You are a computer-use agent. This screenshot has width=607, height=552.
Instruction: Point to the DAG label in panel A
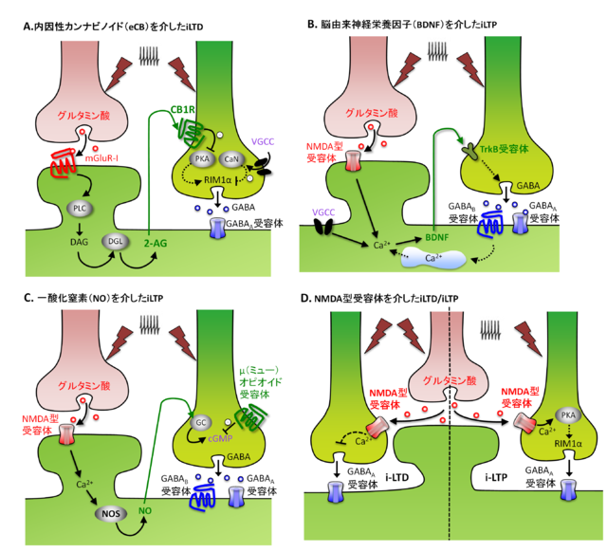tap(79, 242)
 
